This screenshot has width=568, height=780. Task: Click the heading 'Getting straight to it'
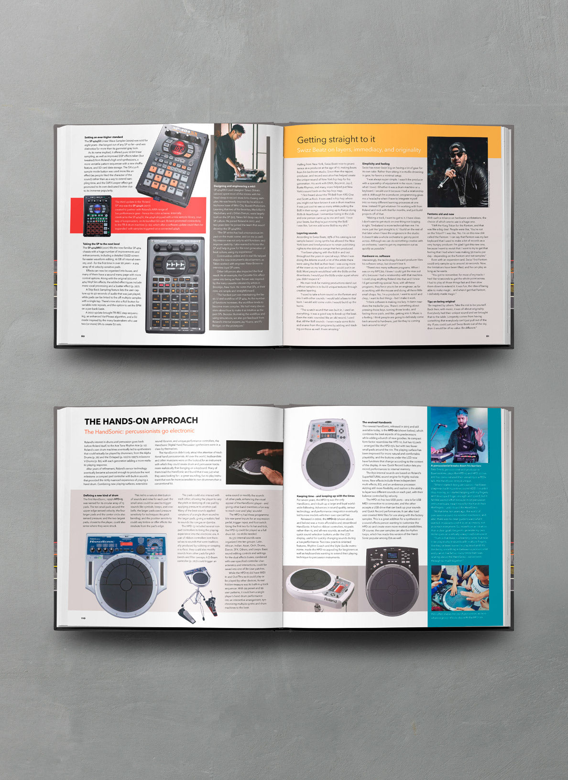pos(336,140)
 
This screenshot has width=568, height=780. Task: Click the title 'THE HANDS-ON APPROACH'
pos(141,421)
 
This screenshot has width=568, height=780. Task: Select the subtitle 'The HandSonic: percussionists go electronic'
pos(139,432)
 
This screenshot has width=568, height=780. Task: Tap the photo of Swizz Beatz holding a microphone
pos(457,172)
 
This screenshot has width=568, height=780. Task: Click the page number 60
pos(83,336)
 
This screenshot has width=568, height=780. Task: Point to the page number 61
pos(488,336)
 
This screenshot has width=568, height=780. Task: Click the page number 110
pos(83,618)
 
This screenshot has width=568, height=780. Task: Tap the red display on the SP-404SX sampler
pos(179,150)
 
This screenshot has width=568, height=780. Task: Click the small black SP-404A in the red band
pos(97,216)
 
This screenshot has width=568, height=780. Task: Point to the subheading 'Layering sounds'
pos(307,233)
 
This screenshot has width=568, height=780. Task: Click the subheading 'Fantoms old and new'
pos(440,214)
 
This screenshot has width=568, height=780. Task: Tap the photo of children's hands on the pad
pos(459,587)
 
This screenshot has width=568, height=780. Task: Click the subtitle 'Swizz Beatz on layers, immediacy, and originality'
pos(359,150)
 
